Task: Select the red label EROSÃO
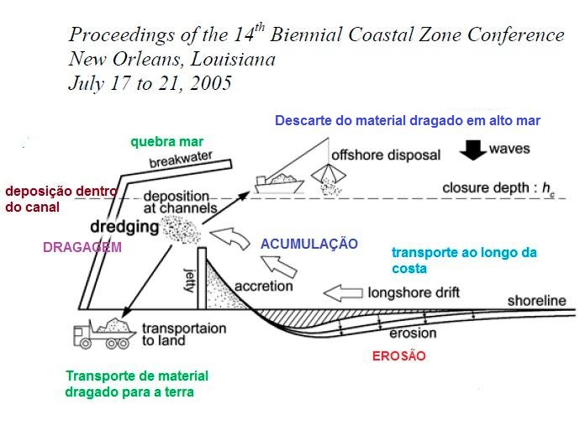pyautogui.click(x=398, y=356)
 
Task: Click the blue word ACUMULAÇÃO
pyautogui.click(x=309, y=244)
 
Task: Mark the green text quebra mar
pyautogui.click(x=167, y=140)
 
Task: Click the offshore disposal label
pyautogui.click(x=374, y=155)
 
